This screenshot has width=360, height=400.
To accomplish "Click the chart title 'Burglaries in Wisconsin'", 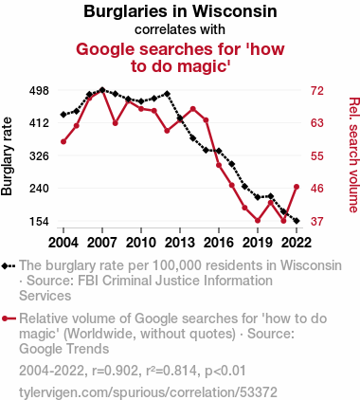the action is coord(180,11).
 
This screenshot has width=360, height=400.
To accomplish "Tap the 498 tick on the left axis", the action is coord(39,91).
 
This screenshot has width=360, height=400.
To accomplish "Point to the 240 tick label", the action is coord(39,189).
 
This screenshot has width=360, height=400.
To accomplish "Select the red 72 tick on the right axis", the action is coord(317,91).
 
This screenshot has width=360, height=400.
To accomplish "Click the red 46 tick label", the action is coord(317,189).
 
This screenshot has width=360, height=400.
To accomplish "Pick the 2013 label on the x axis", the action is coord(180,243).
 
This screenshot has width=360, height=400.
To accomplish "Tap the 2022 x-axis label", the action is coord(297,243).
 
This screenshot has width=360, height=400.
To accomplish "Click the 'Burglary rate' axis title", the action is coord(7,156).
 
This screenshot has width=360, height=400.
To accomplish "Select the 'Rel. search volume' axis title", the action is coord(353,155).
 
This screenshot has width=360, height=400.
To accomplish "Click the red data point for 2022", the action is coord(297,187).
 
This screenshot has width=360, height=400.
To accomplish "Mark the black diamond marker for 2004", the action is coord(63,115).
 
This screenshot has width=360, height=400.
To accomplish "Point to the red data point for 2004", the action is coord(63,142).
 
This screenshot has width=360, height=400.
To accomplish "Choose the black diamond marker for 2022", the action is coord(297,221).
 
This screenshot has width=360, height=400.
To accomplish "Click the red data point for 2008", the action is coord(116,123).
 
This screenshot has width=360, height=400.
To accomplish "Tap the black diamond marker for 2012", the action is coord(167,94).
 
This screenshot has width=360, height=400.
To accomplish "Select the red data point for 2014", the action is coord(193,109).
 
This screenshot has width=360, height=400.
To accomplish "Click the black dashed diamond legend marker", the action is coord(9,266).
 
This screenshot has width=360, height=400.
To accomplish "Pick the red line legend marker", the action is coord(9,318).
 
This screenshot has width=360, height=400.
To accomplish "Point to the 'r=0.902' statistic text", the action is coord(115,371).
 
